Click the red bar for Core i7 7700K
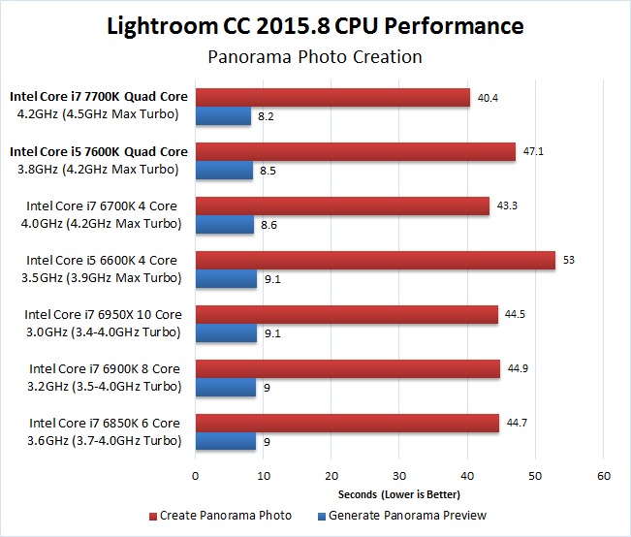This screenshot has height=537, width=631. click(x=332, y=97)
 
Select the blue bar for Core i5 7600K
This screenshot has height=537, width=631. click(x=224, y=171)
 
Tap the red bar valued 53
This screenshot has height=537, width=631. click(x=375, y=260)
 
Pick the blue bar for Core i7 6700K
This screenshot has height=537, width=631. click(x=224, y=225)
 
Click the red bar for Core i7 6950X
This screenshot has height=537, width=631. click(x=346, y=314)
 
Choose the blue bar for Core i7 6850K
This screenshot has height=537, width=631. click(x=226, y=441)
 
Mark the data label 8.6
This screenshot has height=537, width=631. click(x=272, y=225)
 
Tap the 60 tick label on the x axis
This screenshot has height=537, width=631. click(x=603, y=476)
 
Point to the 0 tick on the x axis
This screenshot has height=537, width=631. click(x=196, y=476)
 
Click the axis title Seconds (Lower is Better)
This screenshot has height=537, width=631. click(x=399, y=494)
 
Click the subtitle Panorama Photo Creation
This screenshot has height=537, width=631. click(x=315, y=57)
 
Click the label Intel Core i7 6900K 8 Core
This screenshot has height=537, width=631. click(x=105, y=368)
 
